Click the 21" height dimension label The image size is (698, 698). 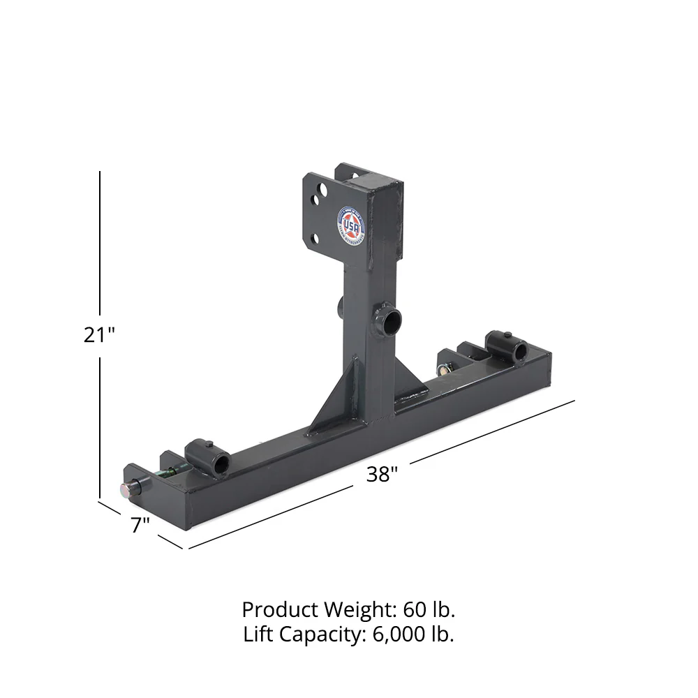[99, 335]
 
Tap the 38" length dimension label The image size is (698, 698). [382, 475]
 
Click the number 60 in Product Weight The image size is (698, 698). [413, 609]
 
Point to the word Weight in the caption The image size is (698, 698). [354, 609]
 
